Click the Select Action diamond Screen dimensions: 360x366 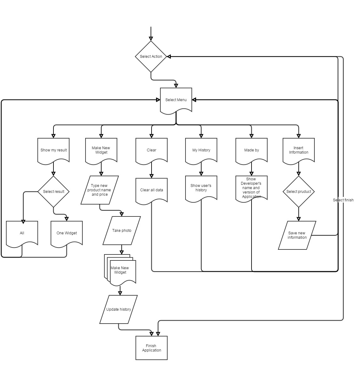[x=151, y=57]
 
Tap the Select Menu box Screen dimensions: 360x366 [x=176, y=100]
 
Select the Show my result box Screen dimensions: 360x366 [x=53, y=150]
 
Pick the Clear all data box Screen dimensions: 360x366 [x=151, y=191]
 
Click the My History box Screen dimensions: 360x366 [x=201, y=150]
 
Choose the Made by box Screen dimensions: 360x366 [x=251, y=150]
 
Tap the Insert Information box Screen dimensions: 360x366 [x=299, y=150]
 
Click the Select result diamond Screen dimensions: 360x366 [x=53, y=191]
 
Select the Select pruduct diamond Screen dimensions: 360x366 [x=299, y=191]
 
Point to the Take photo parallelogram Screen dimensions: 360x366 [x=122, y=231]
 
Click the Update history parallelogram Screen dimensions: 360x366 [x=119, y=309]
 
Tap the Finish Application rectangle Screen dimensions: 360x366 [x=151, y=348]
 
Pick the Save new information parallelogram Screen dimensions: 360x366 [x=297, y=235]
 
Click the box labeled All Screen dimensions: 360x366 [x=22, y=233]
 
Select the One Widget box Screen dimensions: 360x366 [x=67, y=233]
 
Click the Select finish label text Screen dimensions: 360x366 [x=343, y=200]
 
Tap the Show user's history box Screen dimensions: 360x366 [x=201, y=188]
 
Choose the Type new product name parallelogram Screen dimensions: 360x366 [x=100, y=190]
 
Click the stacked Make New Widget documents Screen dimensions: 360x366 [x=120, y=270]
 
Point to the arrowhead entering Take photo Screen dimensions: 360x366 [x=121, y=214]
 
